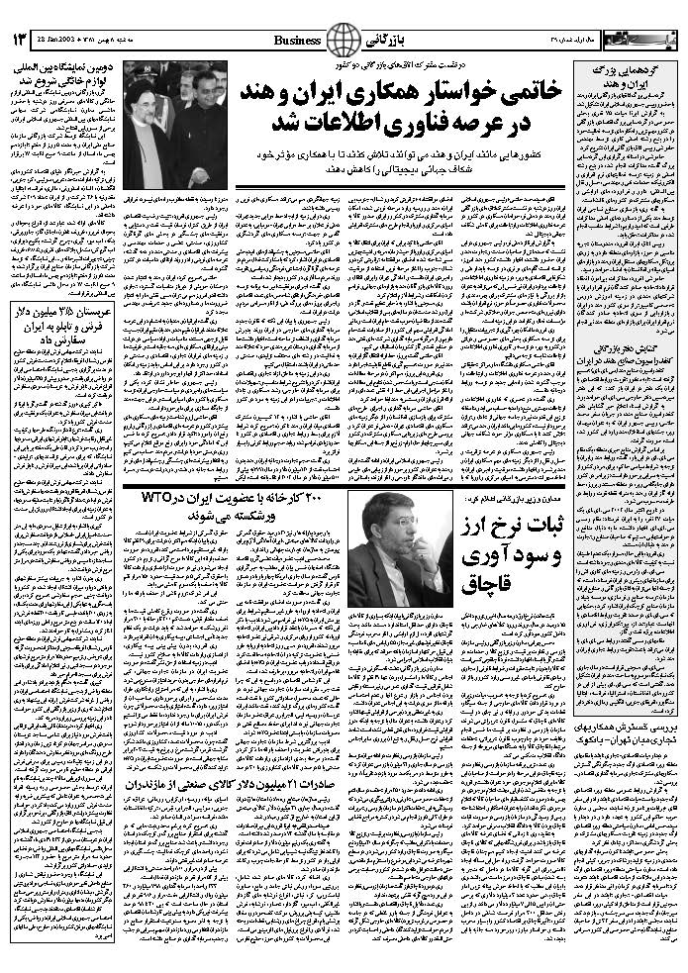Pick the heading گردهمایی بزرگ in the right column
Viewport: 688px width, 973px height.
pyautogui.click(x=646, y=72)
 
